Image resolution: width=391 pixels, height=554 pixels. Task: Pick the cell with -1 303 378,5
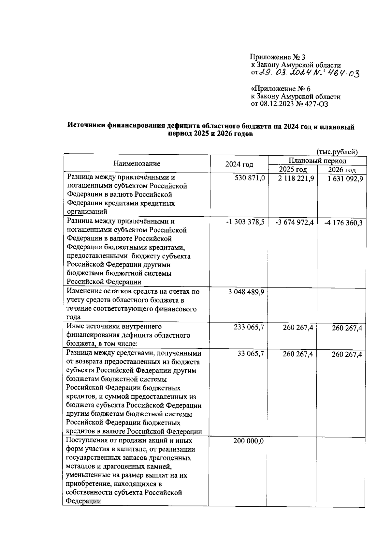(245, 222)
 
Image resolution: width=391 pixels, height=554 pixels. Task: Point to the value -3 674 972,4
(294, 222)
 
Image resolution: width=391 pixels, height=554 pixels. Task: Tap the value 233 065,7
(249, 327)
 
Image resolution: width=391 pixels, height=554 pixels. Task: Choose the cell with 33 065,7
(251, 353)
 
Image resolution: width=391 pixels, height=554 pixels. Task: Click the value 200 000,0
(248, 441)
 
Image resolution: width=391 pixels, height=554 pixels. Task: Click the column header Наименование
(137, 164)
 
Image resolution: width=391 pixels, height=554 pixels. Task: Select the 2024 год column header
(239, 164)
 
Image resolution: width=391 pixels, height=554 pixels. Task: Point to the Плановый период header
(317, 161)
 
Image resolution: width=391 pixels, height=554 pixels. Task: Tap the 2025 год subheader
(293, 170)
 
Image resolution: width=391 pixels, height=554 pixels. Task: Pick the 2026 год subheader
(342, 170)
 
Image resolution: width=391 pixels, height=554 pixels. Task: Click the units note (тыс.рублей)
(337, 152)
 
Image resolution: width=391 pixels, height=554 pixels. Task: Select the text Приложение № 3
(277, 57)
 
